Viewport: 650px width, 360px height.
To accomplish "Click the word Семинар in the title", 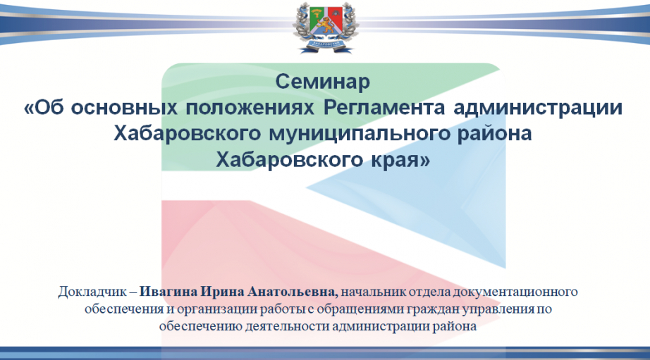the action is (x=322, y=82).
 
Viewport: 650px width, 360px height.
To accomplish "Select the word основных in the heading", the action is (x=124, y=107).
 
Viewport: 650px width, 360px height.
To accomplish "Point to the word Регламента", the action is (x=384, y=108).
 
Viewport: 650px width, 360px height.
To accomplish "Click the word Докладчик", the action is (x=92, y=292).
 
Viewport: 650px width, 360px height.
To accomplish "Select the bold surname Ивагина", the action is (x=168, y=292).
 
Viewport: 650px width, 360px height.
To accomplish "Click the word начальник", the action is (x=374, y=292).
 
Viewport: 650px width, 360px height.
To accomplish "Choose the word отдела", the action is (x=429, y=292).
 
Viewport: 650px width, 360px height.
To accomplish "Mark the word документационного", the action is (x=515, y=292).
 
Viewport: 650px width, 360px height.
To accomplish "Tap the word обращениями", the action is (x=357, y=309).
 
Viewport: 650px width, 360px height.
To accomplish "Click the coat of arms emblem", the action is (x=326, y=27).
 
